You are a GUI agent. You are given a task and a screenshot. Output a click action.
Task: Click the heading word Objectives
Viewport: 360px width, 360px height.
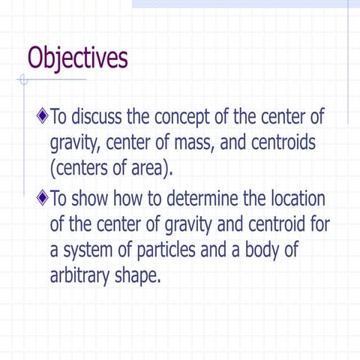(76, 58)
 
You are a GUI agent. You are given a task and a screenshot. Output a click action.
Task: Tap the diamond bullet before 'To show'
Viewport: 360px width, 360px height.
(43, 199)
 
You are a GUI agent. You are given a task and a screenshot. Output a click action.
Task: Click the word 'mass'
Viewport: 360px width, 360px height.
(203, 142)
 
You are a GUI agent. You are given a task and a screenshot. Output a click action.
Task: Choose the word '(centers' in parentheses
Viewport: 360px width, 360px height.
(79, 166)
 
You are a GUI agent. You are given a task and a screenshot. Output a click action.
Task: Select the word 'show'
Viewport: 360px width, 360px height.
(95, 199)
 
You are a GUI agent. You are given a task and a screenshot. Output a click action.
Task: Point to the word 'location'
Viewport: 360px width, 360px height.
(294, 199)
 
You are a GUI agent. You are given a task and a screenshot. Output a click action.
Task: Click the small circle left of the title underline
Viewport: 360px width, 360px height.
(25, 79)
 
